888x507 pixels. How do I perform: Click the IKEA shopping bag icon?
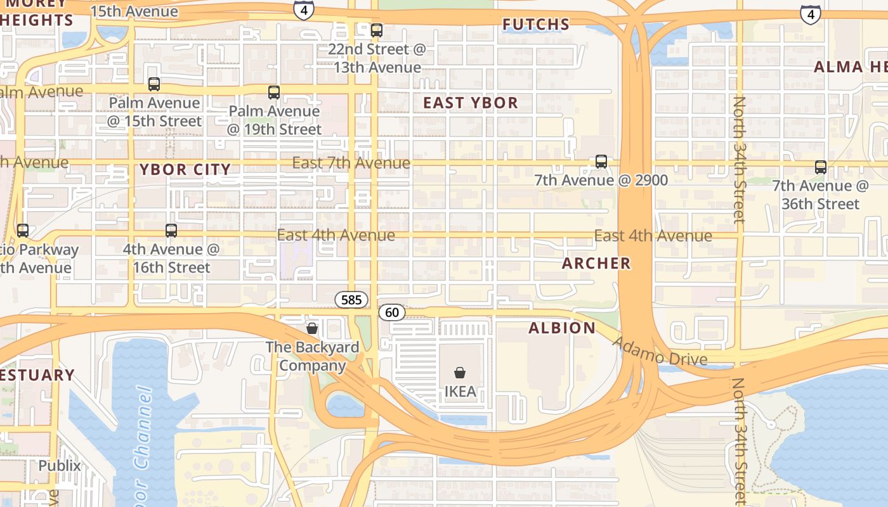pyautogui.click(x=460, y=373)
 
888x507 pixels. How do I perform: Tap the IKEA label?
pyautogui.click(x=460, y=391)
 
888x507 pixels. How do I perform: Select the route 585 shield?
pyautogui.click(x=351, y=299)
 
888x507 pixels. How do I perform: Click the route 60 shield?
pyautogui.click(x=392, y=312)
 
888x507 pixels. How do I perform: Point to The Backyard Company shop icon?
pyautogui.click(x=311, y=328)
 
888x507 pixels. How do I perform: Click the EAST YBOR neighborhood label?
pyautogui.click(x=471, y=103)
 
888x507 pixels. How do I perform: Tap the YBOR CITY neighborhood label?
pyautogui.click(x=185, y=169)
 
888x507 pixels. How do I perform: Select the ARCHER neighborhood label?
pyautogui.click(x=596, y=263)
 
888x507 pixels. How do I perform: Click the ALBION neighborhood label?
pyautogui.click(x=562, y=328)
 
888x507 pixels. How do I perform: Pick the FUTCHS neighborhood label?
pyautogui.click(x=536, y=25)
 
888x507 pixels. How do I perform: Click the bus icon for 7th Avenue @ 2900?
pyautogui.click(x=601, y=162)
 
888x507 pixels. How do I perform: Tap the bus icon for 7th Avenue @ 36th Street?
pyautogui.click(x=820, y=167)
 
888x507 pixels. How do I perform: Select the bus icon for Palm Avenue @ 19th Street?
pyautogui.click(x=274, y=93)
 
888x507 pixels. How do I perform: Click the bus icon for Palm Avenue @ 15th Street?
pyautogui.click(x=153, y=84)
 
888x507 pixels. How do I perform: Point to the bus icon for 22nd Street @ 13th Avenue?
pyautogui.click(x=377, y=30)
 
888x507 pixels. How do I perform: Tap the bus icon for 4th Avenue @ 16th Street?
pyautogui.click(x=171, y=231)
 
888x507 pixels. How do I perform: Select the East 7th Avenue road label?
pyautogui.click(x=351, y=163)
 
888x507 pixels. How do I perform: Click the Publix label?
pyautogui.click(x=60, y=466)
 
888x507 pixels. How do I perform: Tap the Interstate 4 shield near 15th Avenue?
pyautogui.click(x=304, y=10)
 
